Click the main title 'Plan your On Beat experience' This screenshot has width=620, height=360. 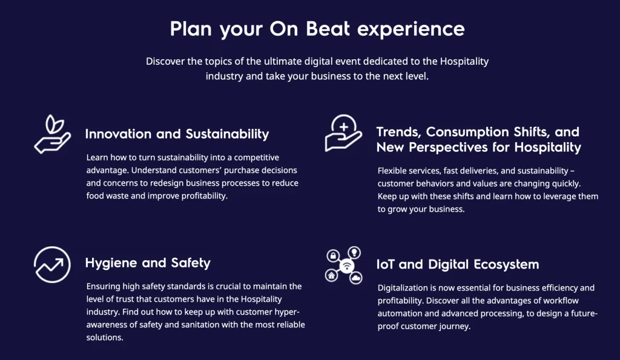[317, 29]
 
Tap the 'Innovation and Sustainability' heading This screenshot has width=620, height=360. [177, 134]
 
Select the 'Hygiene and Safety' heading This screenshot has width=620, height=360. [148, 263]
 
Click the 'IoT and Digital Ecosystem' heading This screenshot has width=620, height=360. [458, 264]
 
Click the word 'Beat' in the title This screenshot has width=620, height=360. [328, 29]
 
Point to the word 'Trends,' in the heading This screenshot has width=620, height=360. [398, 132]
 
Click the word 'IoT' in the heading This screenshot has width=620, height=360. [386, 264]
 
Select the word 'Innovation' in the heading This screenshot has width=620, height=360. [118, 134]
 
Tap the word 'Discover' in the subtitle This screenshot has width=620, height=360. [165, 61]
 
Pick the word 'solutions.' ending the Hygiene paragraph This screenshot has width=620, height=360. [105, 338]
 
